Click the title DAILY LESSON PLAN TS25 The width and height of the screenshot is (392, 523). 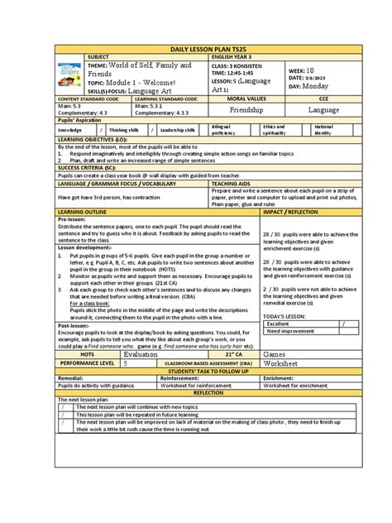tap(195, 52)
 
